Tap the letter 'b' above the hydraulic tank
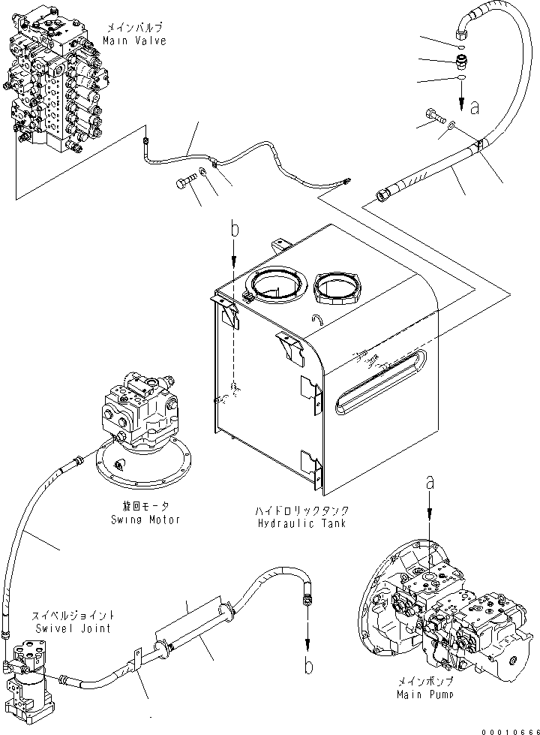point(234,229)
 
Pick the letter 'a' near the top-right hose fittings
point(473,109)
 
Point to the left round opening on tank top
point(278,285)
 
